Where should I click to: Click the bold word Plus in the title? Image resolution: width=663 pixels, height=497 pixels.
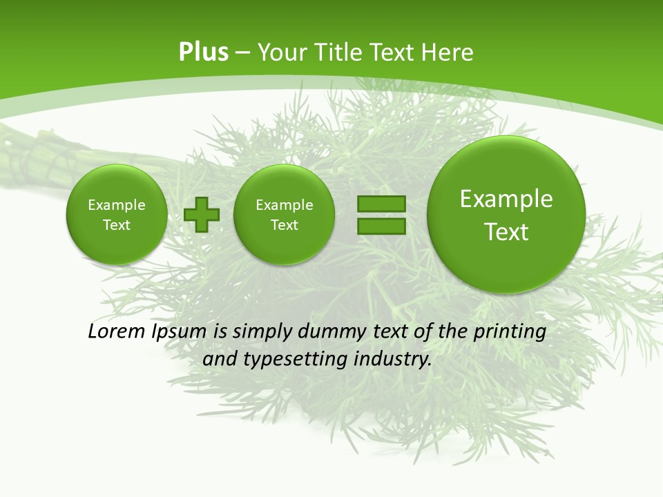(x=203, y=52)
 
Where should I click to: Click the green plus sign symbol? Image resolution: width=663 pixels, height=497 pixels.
(x=202, y=215)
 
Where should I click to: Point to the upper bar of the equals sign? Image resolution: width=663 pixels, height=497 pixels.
(x=381, y=204)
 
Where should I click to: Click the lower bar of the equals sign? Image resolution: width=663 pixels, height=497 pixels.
(x=381, y=226)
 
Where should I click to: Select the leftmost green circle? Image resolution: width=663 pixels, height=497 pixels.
(x=116, y=215)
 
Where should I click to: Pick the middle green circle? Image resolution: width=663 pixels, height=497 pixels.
(x=284, y=215)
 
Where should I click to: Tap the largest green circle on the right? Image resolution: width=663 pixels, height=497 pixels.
(x=506, y=215)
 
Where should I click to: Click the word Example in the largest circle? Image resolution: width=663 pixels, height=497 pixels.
(x=506, y=199)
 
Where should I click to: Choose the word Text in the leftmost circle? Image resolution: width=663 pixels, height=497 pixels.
(x=116, y=225)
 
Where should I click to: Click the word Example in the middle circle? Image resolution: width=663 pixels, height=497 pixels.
(x=284, y=205)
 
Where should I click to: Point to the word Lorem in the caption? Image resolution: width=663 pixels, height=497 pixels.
(x=117, y=331)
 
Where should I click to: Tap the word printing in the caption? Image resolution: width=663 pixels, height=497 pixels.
(x=510, y=331)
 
